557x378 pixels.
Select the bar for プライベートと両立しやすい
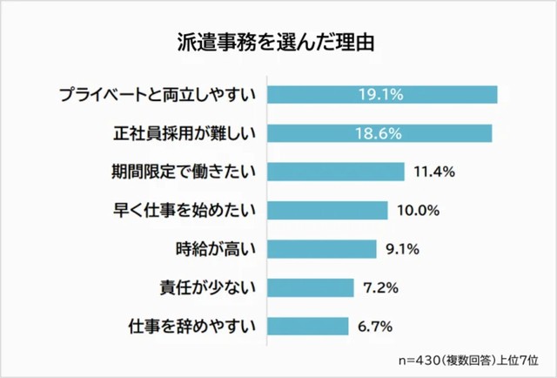(381, 94)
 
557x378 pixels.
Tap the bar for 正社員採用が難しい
(379, 133)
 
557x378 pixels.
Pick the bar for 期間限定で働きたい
(336, 172)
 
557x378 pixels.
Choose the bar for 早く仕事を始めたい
(327, 210)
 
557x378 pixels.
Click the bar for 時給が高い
(322, 249)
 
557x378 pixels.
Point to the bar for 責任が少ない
(311, 287)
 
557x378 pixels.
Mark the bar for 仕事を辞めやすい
(308, 327)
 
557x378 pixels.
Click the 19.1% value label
(380, 94)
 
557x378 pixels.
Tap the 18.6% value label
(379, 133)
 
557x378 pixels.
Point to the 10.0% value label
(417, 210)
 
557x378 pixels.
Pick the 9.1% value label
(402, 249)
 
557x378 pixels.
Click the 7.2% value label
(379, 287)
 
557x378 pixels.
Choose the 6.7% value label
(375, 327)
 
